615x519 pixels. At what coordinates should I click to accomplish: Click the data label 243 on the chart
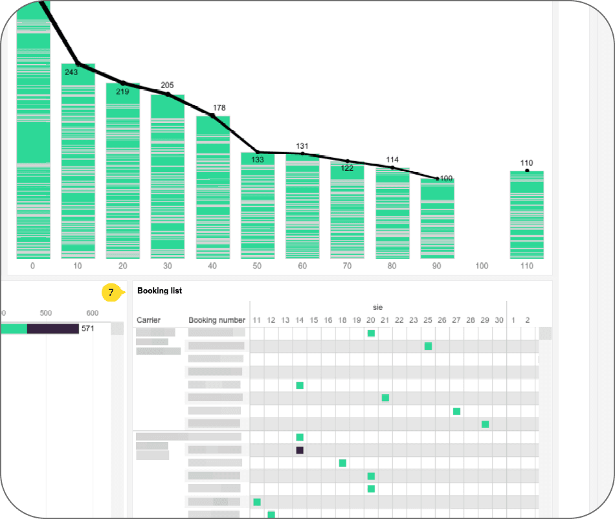coord(71,72)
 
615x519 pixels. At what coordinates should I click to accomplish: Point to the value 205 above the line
coord(167,85)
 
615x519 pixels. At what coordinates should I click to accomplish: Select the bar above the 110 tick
coord(526,214)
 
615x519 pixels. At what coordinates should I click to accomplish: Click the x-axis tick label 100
coord(482,266)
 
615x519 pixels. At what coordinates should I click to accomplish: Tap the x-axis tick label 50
coord(257,266)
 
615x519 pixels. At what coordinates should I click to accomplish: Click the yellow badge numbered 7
coord(111,293)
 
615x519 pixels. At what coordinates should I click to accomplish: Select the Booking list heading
coord(159,291)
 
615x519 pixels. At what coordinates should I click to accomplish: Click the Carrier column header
coord(148,320)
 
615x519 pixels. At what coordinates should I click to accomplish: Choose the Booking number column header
coord(217,320)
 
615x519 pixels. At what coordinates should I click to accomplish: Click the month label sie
coord(378,307)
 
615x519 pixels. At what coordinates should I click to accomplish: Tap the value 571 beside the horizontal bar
coord(88,329)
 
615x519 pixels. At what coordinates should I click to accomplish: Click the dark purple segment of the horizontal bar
coord(52,329)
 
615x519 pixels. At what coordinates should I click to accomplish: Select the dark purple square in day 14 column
coord(300,450)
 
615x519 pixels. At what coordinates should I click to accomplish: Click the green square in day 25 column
coord(428,346)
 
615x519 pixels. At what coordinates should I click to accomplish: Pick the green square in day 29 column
coord(485,424)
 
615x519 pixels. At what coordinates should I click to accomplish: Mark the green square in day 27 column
coord(456,411)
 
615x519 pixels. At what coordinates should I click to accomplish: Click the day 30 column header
coord(499,320)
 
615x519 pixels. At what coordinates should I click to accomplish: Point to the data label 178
coord(219,108)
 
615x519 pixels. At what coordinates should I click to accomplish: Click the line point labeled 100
coord(438,178)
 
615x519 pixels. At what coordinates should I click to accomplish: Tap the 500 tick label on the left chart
coord(46,313)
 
